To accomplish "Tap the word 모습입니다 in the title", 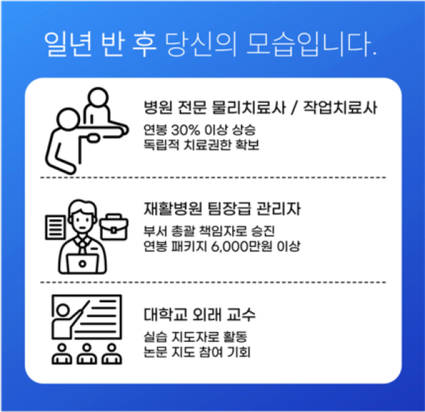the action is click(x=312, y=45).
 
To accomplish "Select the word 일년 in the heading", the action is click(x=68, y=45).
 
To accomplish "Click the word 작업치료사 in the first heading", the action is click(x=340, y=108).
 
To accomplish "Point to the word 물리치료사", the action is click(x=249, y=108).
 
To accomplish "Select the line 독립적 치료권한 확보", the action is click(x=201, y=145).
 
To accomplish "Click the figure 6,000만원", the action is click(x=242, y=246).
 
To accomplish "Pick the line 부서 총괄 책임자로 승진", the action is click(x=209, y=231).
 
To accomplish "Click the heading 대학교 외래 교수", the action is click(x=200, y=314).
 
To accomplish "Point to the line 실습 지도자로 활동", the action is click(x=195, y=337).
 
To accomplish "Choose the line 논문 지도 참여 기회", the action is click(x=197, y=352).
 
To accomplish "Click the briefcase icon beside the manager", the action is click(x=114, y=227).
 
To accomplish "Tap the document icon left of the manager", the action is click(x=55, y=227).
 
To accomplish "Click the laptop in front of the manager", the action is click(x=82, y=263).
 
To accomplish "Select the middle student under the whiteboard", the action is click(x=86, y=353).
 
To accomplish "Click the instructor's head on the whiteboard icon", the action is click(x=63, y=310).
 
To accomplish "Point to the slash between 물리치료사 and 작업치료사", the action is click(x=295, y=108).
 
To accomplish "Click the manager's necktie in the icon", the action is click(x=82, y=246).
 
